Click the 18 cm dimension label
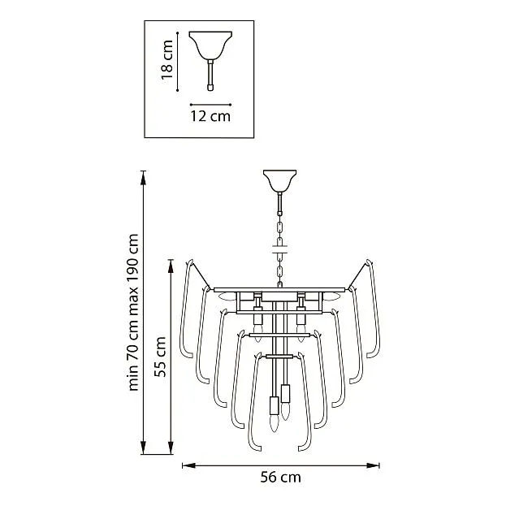pyautogui.click(x=167, y=60)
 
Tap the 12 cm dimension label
pyautogui.click(x=210, y=116)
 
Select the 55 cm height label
pyautogui.click(x=160, y=357)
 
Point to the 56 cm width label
pyautogui.click(x=280, y=477)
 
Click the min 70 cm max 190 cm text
pyautogui.click(x=133, y=313)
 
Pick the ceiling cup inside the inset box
pyautogui.click(x=210, y=45)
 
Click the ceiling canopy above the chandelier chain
pyautogui.click(x=279, y=181)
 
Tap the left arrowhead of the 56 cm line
pyautogui.click(x=188, y=465)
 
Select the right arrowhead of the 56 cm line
pyautogui.click(x=373, y=465)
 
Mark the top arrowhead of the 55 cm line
pyautogui.click(x=171, y=266)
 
